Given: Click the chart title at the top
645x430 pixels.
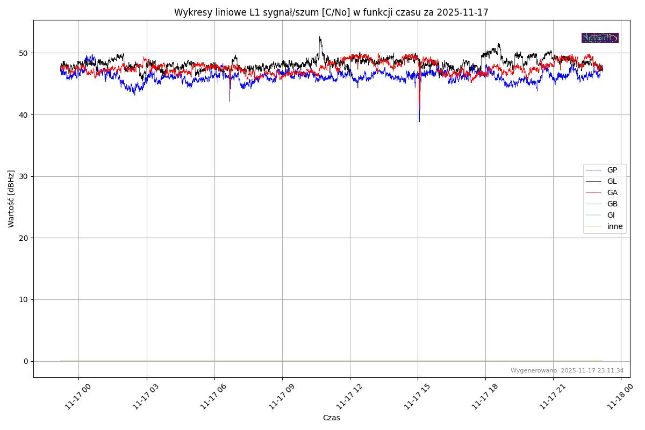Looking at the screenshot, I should [331, 12].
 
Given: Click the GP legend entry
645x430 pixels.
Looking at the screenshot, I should [612, 170].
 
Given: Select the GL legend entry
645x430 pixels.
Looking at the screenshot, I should [612, 181].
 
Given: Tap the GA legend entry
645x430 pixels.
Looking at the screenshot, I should [612, 192].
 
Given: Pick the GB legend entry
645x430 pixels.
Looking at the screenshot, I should [612, 204].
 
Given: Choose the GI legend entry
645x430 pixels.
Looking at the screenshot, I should [611, 215].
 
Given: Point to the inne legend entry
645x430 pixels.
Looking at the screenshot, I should [615, 226].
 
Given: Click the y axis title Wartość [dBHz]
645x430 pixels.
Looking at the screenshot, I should [11, 199].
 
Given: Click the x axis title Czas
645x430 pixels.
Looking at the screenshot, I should [331, 418].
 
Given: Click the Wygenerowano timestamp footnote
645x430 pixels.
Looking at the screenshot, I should [567, 370].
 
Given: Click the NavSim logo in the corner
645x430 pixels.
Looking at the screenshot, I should [600, 38].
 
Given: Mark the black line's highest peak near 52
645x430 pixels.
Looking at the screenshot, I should [320, 37].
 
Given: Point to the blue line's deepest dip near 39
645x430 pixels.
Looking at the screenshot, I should [419, 121].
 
